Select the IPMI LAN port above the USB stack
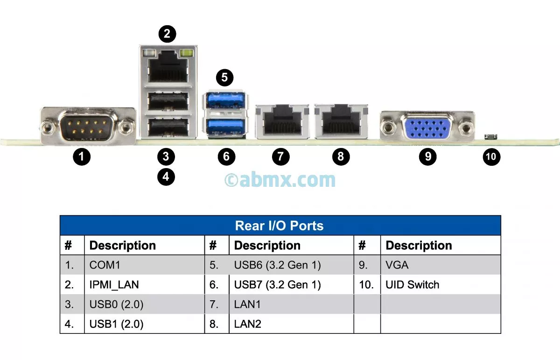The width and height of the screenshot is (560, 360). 168,67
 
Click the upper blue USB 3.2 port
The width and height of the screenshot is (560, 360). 225,100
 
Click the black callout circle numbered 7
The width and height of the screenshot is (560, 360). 280,156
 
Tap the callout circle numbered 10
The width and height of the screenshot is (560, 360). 491,156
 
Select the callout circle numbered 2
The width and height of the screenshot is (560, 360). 168,34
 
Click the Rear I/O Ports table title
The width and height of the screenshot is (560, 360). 280,226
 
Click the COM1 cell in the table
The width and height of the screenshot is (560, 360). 105,265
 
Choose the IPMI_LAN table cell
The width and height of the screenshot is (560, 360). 114,285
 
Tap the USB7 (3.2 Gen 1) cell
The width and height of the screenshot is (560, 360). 277,285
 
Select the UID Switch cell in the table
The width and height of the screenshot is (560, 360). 412,285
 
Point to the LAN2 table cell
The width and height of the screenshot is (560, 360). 247,324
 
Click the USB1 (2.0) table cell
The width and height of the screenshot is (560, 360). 116,324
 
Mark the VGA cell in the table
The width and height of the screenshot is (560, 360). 397,265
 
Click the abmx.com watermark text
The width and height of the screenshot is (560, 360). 280,180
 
